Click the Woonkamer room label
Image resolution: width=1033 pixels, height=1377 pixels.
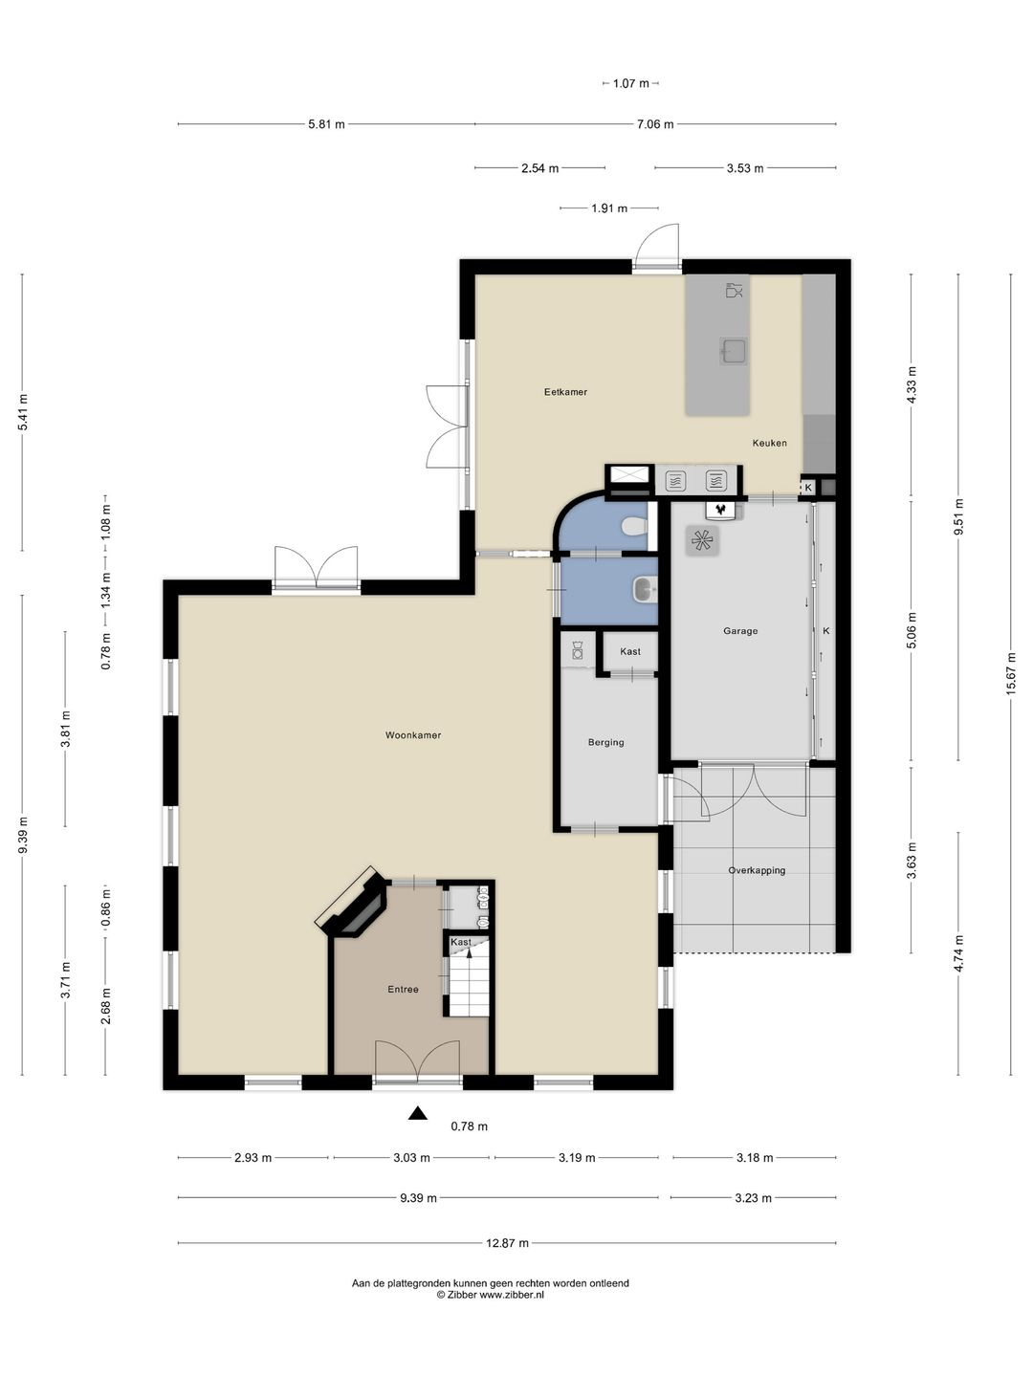412,735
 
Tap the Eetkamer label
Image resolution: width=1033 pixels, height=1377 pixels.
565,392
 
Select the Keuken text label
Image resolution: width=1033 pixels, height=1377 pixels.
769,443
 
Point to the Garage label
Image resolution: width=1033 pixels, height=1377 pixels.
740,631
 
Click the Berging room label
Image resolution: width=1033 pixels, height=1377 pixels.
605,743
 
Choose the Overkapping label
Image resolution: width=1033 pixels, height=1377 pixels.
757,871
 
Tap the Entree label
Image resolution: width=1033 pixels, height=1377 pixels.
403,990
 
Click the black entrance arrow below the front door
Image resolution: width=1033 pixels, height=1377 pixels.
418,1113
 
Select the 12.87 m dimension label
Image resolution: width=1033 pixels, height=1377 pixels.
507,1243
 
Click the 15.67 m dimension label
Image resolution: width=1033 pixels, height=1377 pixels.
1010,675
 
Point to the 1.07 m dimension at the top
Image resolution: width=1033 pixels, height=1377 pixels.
630,83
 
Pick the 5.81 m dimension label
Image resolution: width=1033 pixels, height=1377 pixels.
326,124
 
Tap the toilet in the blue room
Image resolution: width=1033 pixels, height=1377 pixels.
633,526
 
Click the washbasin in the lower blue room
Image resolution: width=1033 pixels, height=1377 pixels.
644,590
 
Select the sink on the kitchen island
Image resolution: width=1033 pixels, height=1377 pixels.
734,351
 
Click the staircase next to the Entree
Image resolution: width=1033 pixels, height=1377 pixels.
468,981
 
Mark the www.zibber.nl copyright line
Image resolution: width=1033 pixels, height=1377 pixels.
490,1295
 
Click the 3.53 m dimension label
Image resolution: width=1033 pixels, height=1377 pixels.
745,168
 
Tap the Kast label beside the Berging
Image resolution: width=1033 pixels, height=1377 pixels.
629,652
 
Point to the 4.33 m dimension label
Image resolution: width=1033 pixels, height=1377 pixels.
912,385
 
